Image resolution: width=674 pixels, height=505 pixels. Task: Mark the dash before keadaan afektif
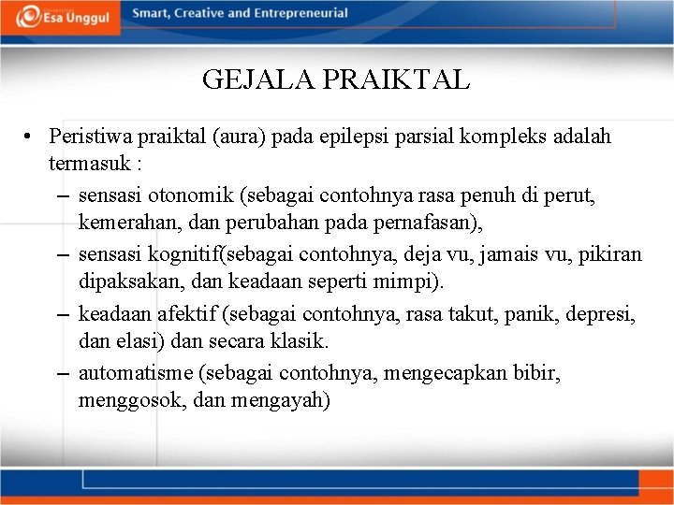[62, 313]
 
